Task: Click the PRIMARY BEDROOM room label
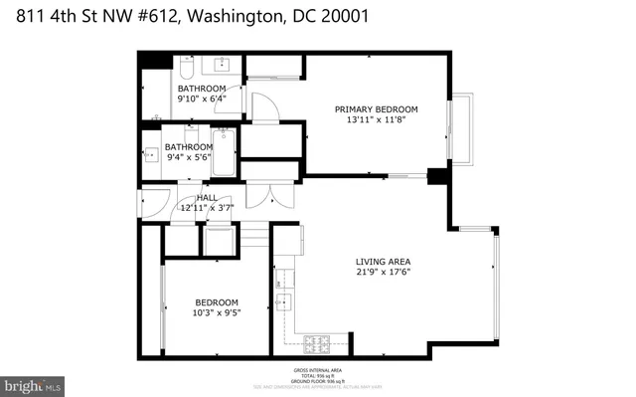[x=376, y=109]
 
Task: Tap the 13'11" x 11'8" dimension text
[x=376, y=121]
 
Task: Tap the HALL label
[x=207, y=197]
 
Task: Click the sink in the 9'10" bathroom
[x=221, y=65]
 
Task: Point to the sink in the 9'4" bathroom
[x=150, y=155]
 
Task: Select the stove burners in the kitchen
[x=319, y=344]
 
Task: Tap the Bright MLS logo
[x=32, y=383]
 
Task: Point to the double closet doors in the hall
[x=258, y=197]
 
